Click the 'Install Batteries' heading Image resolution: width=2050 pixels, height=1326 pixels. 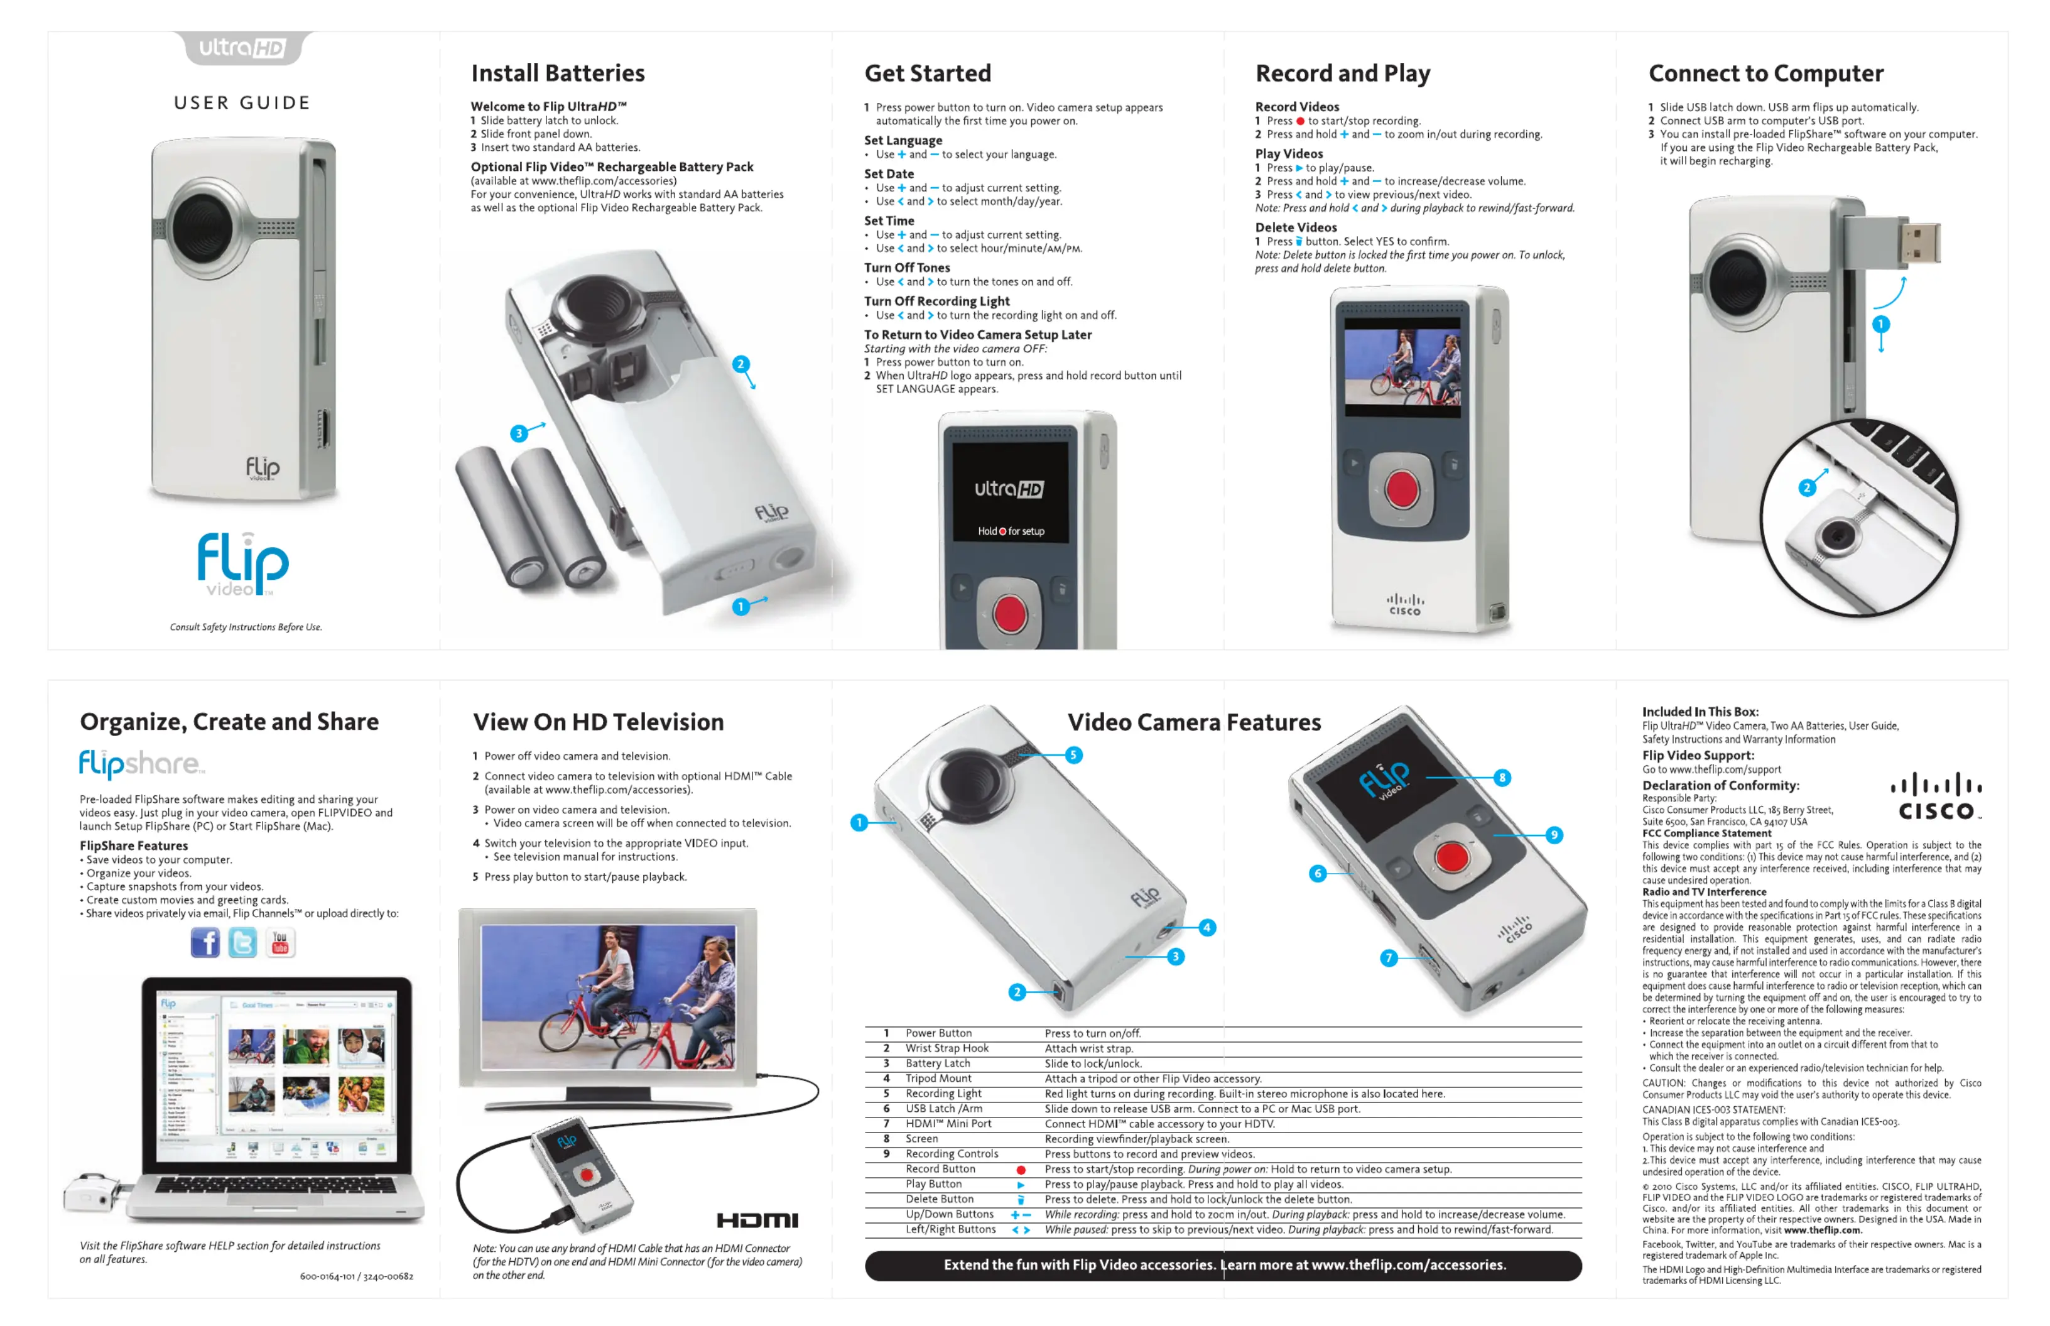coord(557,73)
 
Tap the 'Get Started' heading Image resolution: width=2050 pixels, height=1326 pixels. coord(926,73)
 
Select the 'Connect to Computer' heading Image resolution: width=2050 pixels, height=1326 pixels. coord(1764,73)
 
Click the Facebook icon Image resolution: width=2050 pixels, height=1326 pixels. coord(205,942)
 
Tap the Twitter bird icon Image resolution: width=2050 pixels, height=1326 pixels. coord(243,942)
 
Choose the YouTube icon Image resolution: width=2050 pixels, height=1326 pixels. coord(280,942)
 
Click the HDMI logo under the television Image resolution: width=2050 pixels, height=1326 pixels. coord(757,1219)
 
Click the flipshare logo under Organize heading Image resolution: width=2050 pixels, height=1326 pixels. coord(142,763)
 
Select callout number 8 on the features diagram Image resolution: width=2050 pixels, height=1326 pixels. coord(1502,778)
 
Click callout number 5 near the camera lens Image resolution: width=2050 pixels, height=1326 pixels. coord(1073,755)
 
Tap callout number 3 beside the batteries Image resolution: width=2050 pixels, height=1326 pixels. coord(518,433)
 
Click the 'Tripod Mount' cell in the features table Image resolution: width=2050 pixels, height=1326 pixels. coord(938,1078)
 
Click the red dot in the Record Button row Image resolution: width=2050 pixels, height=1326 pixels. coord(1020,1170)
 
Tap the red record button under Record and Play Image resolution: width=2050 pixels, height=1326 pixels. coord(1401,488)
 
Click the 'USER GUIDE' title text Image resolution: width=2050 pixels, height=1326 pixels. coord(242,103)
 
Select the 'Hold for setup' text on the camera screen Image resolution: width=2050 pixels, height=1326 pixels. coord(1010,531)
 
